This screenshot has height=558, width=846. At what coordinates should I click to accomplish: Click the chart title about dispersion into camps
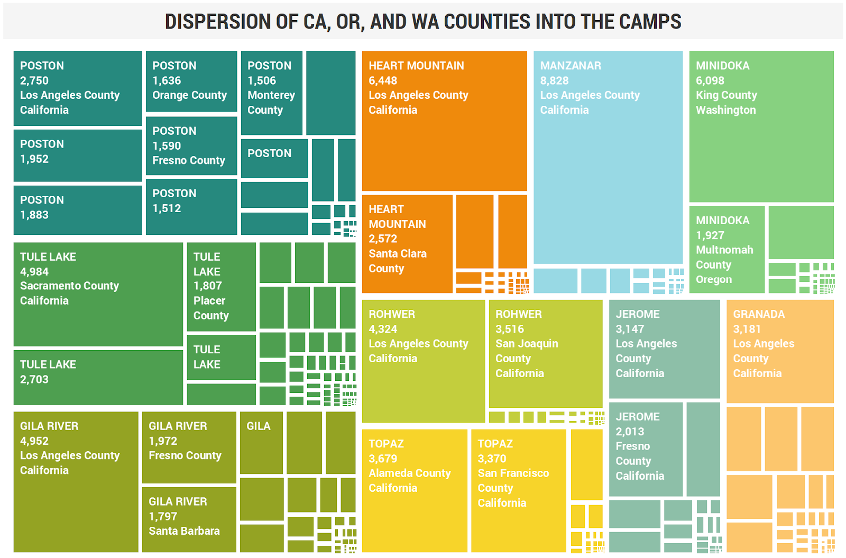click(422, 22)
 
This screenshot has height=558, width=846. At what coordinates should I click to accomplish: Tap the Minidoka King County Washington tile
click(761, 126)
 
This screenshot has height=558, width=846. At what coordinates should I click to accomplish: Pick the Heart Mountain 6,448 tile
click(444, 121)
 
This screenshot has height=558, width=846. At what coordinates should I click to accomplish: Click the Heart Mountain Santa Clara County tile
click(407, 243)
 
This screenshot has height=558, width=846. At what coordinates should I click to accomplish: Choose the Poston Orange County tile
click(191, 81)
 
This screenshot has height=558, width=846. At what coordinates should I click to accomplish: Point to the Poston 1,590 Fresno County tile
click(191, 145)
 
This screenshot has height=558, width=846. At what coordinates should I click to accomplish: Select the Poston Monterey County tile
click(271, 93)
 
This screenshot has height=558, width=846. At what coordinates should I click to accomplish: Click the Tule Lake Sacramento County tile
click(98, 294)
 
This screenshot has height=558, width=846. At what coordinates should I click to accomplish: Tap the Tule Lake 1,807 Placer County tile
click(221, 286)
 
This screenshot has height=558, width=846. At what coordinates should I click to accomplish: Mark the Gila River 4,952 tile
click(76, 481)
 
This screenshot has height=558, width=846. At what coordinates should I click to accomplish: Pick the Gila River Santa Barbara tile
click(189, 519)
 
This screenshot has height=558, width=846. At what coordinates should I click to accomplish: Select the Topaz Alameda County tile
click(414, 490)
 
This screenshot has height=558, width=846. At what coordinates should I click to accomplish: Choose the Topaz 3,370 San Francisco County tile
click(518, 490)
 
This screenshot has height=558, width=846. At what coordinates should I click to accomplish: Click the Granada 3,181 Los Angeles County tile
click(779, 351)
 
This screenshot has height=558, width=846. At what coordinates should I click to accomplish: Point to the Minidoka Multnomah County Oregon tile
click(727, 249)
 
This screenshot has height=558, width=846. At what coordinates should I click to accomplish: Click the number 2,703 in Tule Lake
click(34, 379)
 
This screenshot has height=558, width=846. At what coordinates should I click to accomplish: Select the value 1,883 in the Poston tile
click(34, 215)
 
